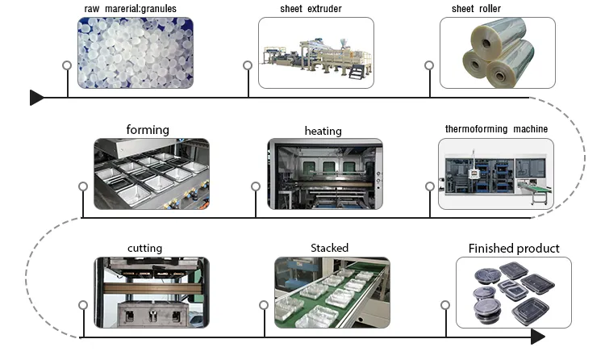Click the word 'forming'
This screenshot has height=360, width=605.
point(148,129)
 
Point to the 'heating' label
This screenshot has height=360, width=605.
point(323,131)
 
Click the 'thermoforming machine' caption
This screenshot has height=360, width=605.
point(496,129)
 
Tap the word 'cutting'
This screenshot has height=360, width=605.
point(144,248)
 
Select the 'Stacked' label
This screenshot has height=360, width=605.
point(329,248)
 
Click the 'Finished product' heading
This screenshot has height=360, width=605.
point(514,248)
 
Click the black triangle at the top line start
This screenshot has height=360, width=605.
point(36,98)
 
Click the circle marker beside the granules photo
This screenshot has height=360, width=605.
point(67,65)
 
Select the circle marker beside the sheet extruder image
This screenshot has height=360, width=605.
point(248,65)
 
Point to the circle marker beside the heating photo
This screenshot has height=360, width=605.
point(256,186)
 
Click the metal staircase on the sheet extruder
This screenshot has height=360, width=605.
point(355,71)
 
